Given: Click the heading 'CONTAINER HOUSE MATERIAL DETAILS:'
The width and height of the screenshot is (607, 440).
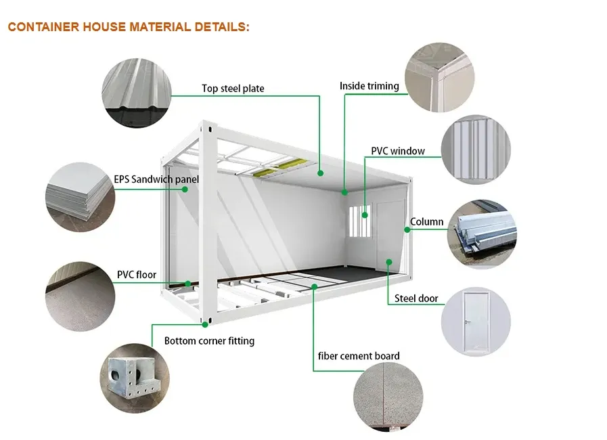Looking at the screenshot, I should (129, 27).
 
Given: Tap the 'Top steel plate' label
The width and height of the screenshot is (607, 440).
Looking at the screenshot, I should (233, 89).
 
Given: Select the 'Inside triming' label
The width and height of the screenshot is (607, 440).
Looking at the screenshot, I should (369, 86).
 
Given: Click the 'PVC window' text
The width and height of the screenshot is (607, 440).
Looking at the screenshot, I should (398, 150).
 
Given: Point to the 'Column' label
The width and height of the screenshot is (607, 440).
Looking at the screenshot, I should (427, 221).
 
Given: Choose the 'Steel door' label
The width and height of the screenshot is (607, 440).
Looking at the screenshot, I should (416, 299).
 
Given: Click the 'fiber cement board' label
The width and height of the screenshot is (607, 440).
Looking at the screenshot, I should (359, 356).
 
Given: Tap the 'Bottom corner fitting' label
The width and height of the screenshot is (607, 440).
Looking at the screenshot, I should (209, 341).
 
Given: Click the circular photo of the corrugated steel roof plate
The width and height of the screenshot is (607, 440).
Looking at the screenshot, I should (135, 91).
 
